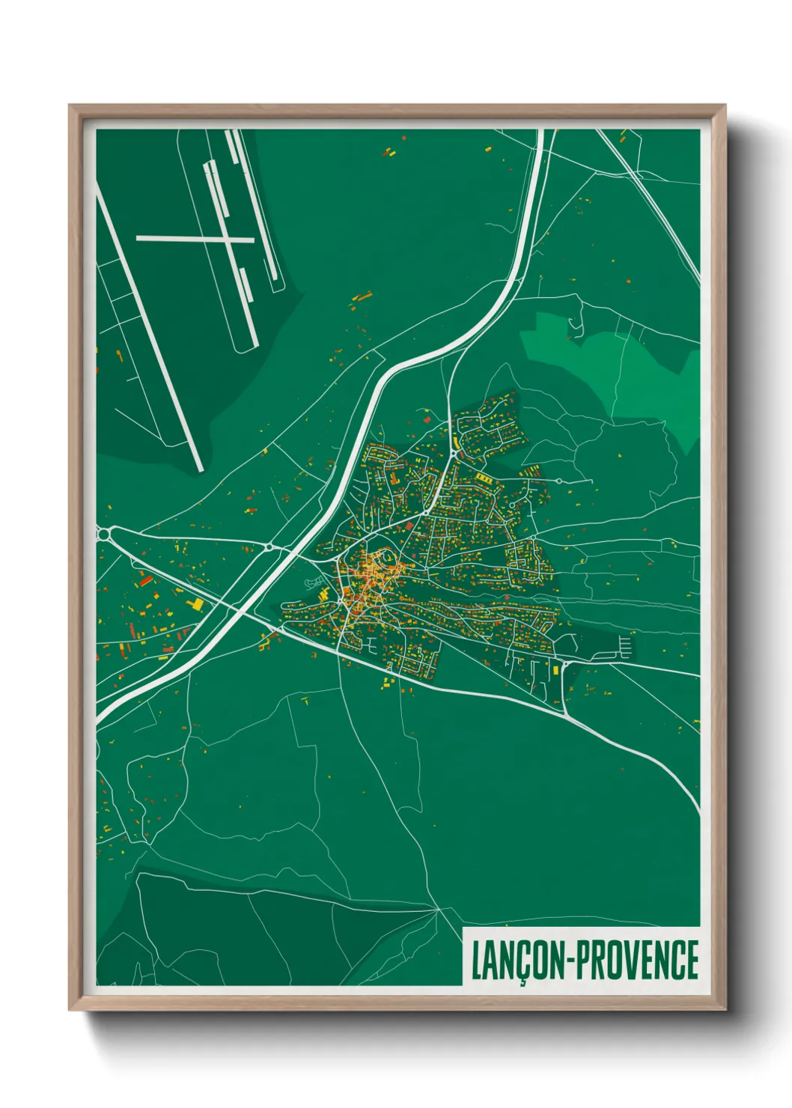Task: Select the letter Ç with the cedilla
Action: (x=522, y=962)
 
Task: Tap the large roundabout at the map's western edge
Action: (x=104, y=532)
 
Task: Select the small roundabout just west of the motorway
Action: (x=268, y=548)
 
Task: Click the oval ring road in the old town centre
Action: (x=386, y=558)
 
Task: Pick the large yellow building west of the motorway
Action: (x=195, y=603)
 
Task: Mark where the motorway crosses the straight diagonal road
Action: (x=245, y=609)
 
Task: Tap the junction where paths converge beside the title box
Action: (x=438, y=910)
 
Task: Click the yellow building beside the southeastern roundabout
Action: (x=557, y=670)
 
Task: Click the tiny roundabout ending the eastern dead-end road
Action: (x=558, y=480)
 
